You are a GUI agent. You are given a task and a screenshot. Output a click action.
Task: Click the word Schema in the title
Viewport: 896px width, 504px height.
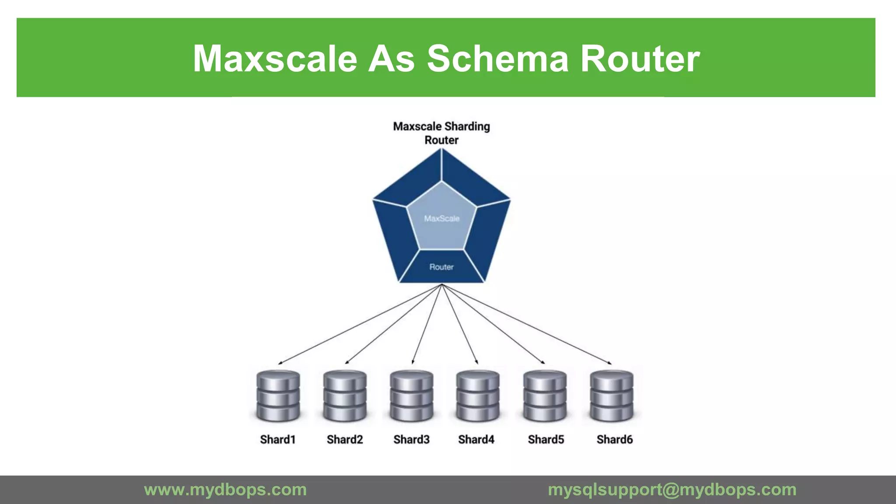(x=497, y=59)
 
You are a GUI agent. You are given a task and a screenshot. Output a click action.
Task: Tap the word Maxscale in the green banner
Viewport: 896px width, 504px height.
(x=275, y=59)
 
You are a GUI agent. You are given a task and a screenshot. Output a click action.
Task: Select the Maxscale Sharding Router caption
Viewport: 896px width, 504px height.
(x=441, y=133)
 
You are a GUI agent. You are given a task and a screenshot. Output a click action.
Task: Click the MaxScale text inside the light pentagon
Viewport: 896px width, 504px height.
(x=442, y=218)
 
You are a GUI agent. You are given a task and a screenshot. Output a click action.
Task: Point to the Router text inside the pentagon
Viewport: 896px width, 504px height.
(x=441, y=267)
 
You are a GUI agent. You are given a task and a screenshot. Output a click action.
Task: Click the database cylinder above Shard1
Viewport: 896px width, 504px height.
(x=278, y=395)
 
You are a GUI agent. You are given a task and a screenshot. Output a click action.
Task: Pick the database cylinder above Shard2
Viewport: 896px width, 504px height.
(x=345, y=395)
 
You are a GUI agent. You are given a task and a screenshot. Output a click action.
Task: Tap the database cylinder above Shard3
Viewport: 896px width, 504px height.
(x=412, y=395)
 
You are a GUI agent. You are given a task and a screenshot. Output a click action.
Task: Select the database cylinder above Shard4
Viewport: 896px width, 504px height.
(x=478, y=395)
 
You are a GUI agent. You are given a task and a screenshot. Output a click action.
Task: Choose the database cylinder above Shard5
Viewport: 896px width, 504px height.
(x=545, y=395)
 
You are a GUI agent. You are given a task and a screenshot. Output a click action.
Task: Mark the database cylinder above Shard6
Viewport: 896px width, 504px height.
(x=612, y=395)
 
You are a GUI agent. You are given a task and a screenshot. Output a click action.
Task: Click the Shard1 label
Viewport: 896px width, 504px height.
(x=278, y=439)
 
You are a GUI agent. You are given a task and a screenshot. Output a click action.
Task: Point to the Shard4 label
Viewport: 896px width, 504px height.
(x=476, y=439)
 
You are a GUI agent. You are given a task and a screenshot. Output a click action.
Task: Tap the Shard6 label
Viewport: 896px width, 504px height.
(x=615, y=439)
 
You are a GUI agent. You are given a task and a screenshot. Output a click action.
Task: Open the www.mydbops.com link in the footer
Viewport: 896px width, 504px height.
(x=225, y=490)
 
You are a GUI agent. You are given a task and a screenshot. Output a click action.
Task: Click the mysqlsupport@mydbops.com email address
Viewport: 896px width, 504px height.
(x=672, y=490)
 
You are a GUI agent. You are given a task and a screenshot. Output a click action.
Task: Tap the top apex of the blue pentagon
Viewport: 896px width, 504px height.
(x=441, y=149)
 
